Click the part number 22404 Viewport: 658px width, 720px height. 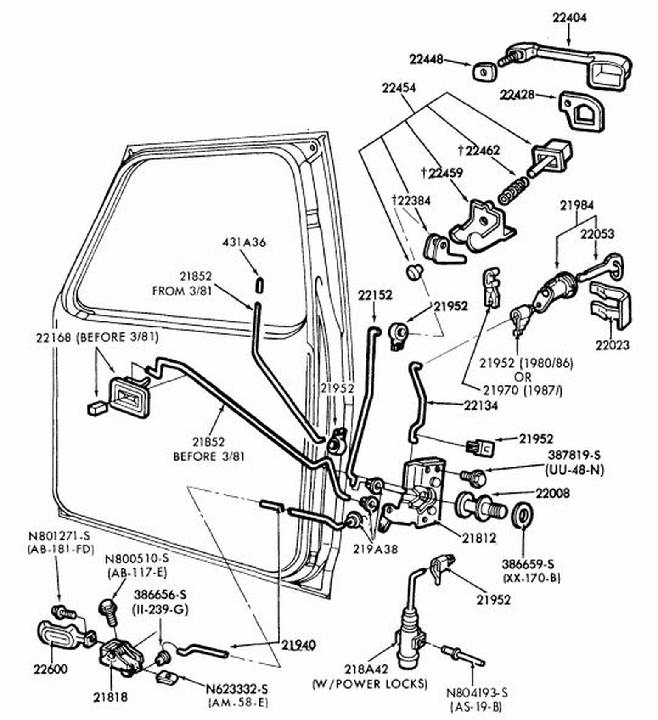(x=569, y=18)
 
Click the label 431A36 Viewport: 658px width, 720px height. (x=244, y=242)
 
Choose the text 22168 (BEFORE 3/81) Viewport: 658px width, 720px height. (x=97, y=337)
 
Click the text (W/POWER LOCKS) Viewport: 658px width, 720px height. (x=369, y=684)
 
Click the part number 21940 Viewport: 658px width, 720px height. (x=298, y=645)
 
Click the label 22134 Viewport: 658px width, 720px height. (x=481, y=405)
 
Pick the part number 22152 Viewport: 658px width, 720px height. (x=375, y=295)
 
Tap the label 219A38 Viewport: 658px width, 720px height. (x=375, y=549)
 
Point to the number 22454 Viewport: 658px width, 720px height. (x=399, y=88)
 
